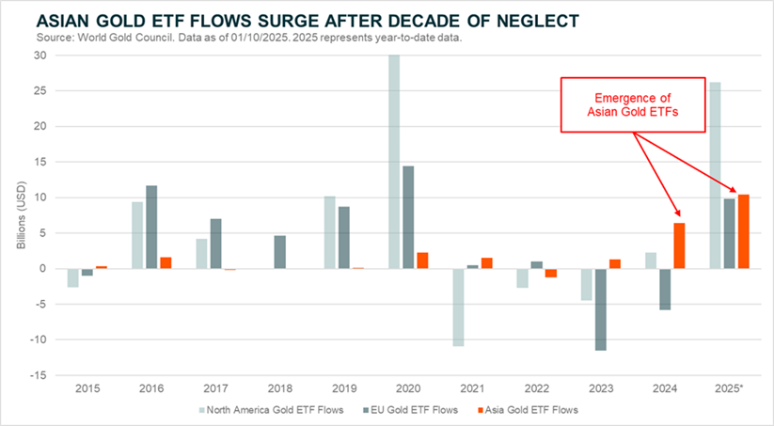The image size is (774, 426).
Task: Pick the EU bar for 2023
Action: click(600, 309)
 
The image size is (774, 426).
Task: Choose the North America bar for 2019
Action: click(328, 232)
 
